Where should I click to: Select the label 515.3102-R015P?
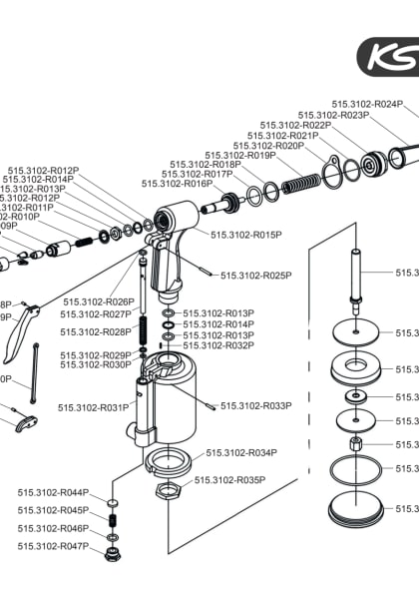pos(246,235)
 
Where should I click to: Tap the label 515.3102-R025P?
pos(256,275)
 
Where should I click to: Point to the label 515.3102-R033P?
pos(256,405)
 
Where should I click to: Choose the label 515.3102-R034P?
pos(241,452)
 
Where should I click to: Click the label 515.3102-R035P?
pos(230,480)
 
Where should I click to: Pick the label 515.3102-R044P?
pos(53,492)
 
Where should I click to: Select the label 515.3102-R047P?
pos(53,546)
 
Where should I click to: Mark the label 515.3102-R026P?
pos(99,301)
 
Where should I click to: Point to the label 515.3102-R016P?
pos(177,184)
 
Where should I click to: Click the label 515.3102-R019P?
pos(240,155)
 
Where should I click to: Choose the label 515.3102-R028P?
pos(96,331)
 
